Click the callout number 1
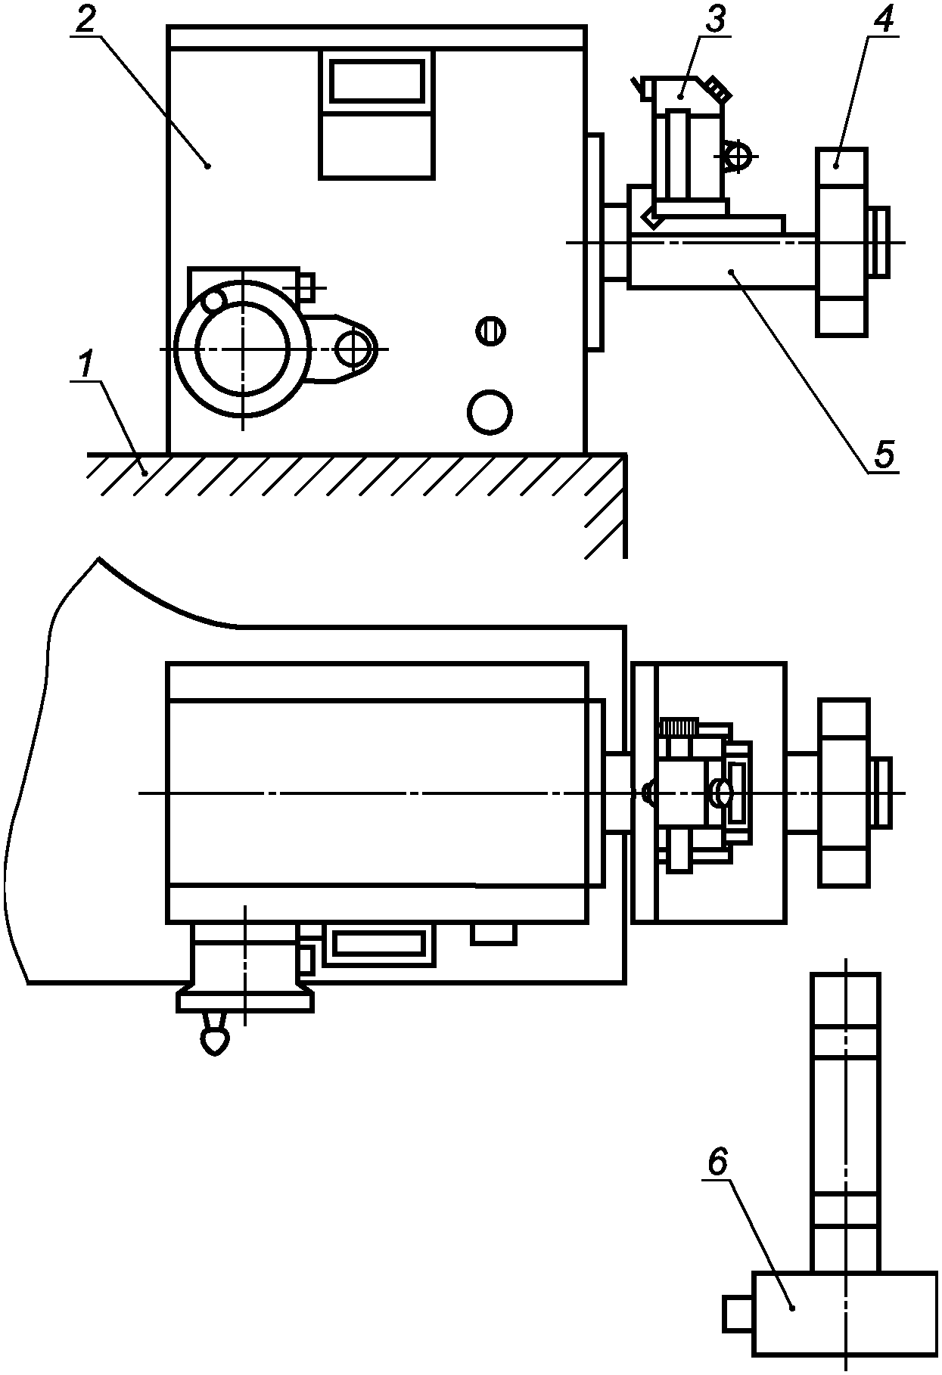(x=88, y=365)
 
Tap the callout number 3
(x=714, y=19)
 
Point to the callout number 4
(x=884, y=19)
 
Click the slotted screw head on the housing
(x=492, y=331)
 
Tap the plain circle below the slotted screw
(x=490, y=412)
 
